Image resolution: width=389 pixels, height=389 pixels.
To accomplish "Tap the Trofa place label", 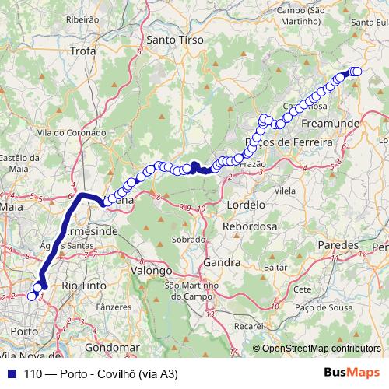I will click(x=82, y=51).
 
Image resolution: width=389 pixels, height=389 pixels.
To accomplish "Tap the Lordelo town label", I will click(x=246, y=204).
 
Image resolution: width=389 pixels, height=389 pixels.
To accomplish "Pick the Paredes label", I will click(x=337, y=245).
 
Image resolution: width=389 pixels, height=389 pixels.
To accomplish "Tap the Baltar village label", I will click(x=275, y=267).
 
